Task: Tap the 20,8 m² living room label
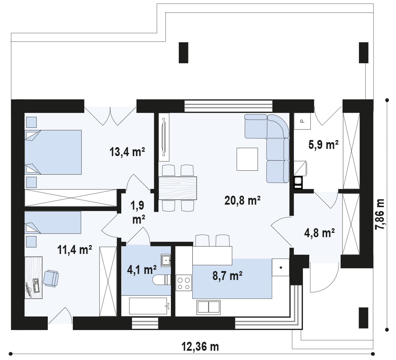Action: tap(243, 201)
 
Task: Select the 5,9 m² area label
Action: tap(323, 145)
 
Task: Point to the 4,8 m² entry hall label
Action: tap(320, 233)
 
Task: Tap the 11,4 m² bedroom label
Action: tap(75, 249)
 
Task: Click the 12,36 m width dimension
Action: tap(200, 346)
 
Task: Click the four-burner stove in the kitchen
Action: tap(183, 283)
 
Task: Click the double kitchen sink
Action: tap(208, 307)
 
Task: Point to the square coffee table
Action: tap(247, 159)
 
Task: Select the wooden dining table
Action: tap(178, 188)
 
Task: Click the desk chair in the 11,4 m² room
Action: tap(51, 278)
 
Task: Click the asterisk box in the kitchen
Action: tap(281, 267)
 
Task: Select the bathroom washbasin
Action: tap(166, 260)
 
